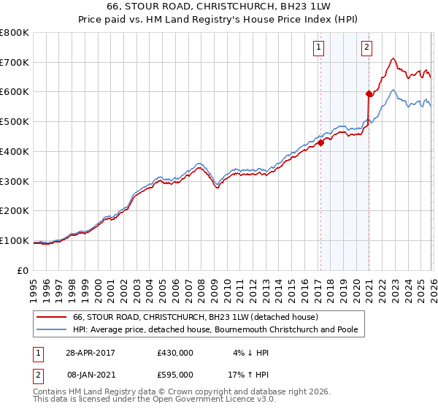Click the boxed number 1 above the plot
[x=320, y=48]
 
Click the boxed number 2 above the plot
[x=366, y=48]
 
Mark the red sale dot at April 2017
[x=320, y=143]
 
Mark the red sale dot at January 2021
[x=369, y=93]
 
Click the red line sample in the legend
[x=52, y=318]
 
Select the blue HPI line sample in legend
[x=52, y=330]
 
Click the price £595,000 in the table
[x=175, y=374]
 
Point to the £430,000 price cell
[x=175, y=352]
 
